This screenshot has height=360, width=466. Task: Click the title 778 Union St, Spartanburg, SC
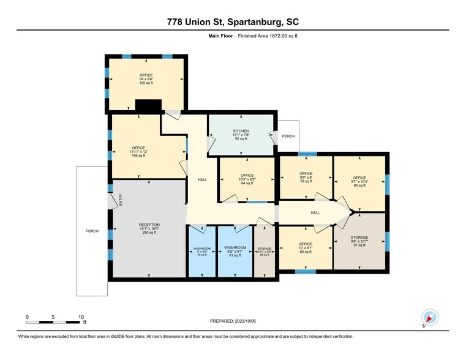click(233, 21)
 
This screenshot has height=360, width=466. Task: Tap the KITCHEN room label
click(240, 131)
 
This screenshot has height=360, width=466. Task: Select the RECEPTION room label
click(148, 225)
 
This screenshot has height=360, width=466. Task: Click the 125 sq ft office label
click(146, 75)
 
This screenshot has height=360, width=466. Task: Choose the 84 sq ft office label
click(247, 175)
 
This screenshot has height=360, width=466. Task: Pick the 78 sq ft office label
click(306, 173)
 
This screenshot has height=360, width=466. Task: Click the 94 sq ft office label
click(359, 178)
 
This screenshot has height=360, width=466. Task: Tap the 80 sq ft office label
click(306, 244)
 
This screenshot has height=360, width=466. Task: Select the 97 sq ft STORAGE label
click(359, 237)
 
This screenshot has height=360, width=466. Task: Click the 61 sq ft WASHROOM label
click(235, 248)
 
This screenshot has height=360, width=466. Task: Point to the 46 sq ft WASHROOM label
click(201, 249)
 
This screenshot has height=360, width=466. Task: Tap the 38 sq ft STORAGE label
click(265, 249)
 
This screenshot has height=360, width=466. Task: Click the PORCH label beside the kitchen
click(288, 136)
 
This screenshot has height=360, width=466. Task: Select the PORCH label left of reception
click(91, 231)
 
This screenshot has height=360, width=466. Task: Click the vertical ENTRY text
click(121, 200)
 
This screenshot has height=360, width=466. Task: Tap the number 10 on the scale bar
click(81, 317)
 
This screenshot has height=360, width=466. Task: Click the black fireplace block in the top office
click(148, 106)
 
